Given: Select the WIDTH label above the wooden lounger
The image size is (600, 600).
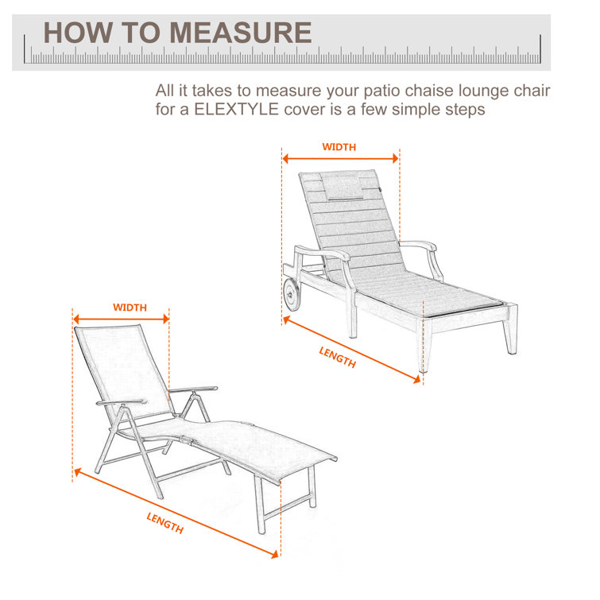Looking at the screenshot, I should (x=339, y=147).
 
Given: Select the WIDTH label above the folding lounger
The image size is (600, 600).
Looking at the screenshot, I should (x=129, y=308).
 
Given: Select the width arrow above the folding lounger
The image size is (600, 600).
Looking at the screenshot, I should (x=121, y=318).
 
